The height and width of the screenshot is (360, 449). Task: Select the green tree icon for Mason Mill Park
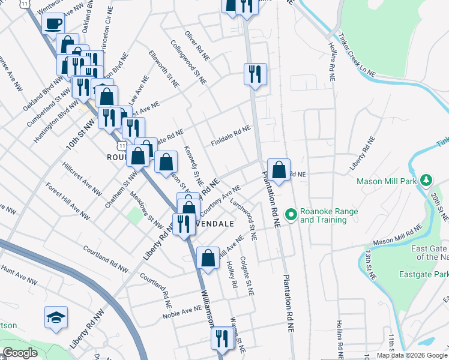(x=426, y=180)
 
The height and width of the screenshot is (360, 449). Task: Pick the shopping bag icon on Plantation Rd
(x=279, y=170)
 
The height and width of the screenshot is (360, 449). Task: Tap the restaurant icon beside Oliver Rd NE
(x=255, y=74)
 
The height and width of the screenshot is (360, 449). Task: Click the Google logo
(x=20, y=353)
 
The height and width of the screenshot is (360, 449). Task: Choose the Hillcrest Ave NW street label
(x=82, y=179)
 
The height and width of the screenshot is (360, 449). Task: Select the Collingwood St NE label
(x=188, y=62)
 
